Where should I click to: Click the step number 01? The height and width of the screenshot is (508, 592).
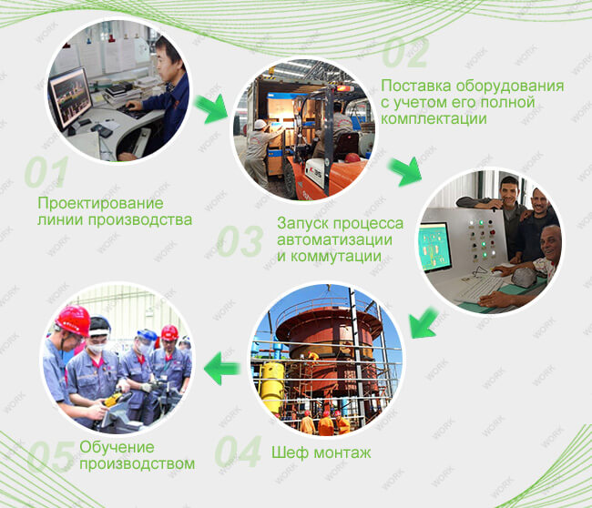coord(46,172)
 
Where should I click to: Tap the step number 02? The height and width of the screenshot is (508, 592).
coord(405,53)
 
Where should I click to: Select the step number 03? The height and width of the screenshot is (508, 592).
coord(240,241)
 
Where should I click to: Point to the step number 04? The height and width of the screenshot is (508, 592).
coord(239,452)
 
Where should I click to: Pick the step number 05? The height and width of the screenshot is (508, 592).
coord(51,457)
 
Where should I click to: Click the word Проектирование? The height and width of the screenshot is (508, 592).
coord(100,203)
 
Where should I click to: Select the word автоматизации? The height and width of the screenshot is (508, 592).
coord(334,239)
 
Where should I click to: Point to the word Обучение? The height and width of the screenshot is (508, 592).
coord(117,447)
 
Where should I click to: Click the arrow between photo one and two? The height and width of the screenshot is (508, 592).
coord(211,108)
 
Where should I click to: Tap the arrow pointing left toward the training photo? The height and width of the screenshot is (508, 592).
coord(222,368)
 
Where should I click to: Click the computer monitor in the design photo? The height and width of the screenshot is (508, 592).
coord(71,98)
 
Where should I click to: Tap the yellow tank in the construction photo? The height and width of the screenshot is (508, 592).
coord(272,386)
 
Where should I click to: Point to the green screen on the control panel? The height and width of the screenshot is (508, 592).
coord(435,247)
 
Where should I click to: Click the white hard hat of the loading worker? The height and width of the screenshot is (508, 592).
coord(260,124)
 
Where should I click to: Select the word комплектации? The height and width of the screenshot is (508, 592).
coord(434,119)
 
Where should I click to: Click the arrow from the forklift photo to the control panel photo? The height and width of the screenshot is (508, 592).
coord(404,172)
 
